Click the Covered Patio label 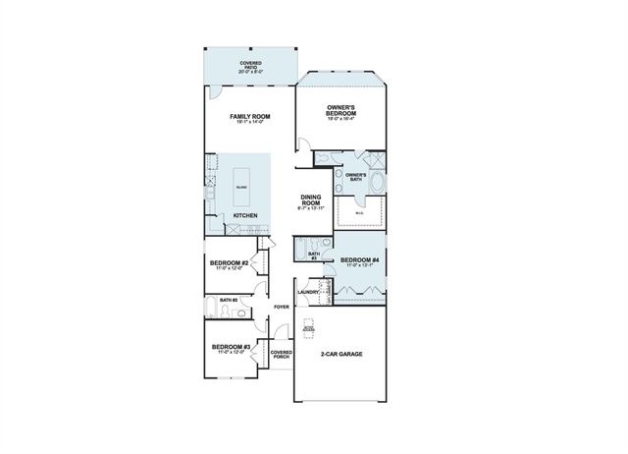[x=250, y=67]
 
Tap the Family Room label [x=250, y=119]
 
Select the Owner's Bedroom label [x=341, y=111]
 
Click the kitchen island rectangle [x=242, y=186]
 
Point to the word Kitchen [x=245, y=215]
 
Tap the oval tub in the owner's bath [x=380, y=181]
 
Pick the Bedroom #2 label [x=228, y=265]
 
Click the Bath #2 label [x=229, y=301]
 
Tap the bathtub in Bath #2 [x=214, y=312]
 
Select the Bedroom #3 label [x=232, y=349]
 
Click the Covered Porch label [x=282, y=354]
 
